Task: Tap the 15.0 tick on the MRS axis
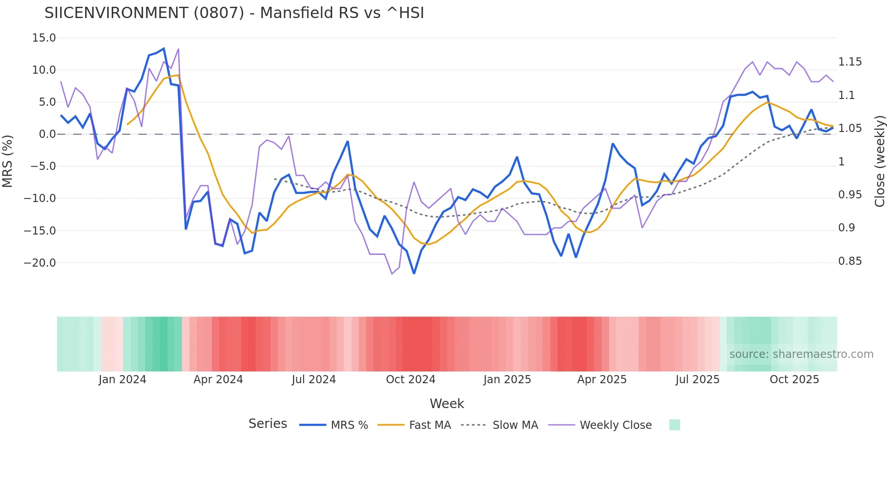pyautogui.click(x=44, y=38)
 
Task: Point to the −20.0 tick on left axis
pyautogui.click(x=40, y=263)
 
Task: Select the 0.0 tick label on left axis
pyautogui.click(x=47, y=134)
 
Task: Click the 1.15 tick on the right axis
pyautogui.click(x=850, y=62)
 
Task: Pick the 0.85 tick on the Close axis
pyautogui.click(x=850, y=261)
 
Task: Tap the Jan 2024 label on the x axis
pyautogui.click(x=122, y=380)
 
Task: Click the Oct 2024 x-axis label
pyautogui.click(x=410, y=380)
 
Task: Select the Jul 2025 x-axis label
pyautogui.click(x=697, y=380)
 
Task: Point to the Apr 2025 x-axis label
pyautogui.click(x=602, y=380)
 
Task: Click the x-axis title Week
pyautogui.click(x=447, y=404)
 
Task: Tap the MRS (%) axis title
pyautogui.click(x=8, y=161)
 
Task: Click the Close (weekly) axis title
pyautogui.click(x=879, y=161)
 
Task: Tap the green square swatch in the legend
pyautogui.click(x=674, y=425)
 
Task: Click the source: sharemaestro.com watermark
pyautogui.click(x=801, y=354)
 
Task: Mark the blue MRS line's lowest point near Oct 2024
pyautogui.click(x=414, y=273)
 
